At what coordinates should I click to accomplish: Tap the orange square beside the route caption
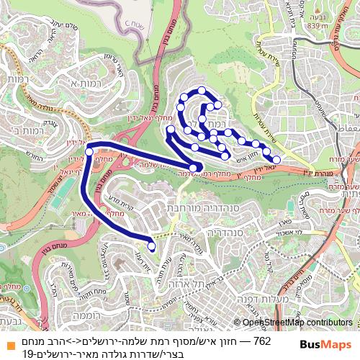coord(6,340)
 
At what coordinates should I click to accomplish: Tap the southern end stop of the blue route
coord(151,246)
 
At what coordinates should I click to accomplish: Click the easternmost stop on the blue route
coord(276,159)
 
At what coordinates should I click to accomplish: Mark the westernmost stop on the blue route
coord(89,152)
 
